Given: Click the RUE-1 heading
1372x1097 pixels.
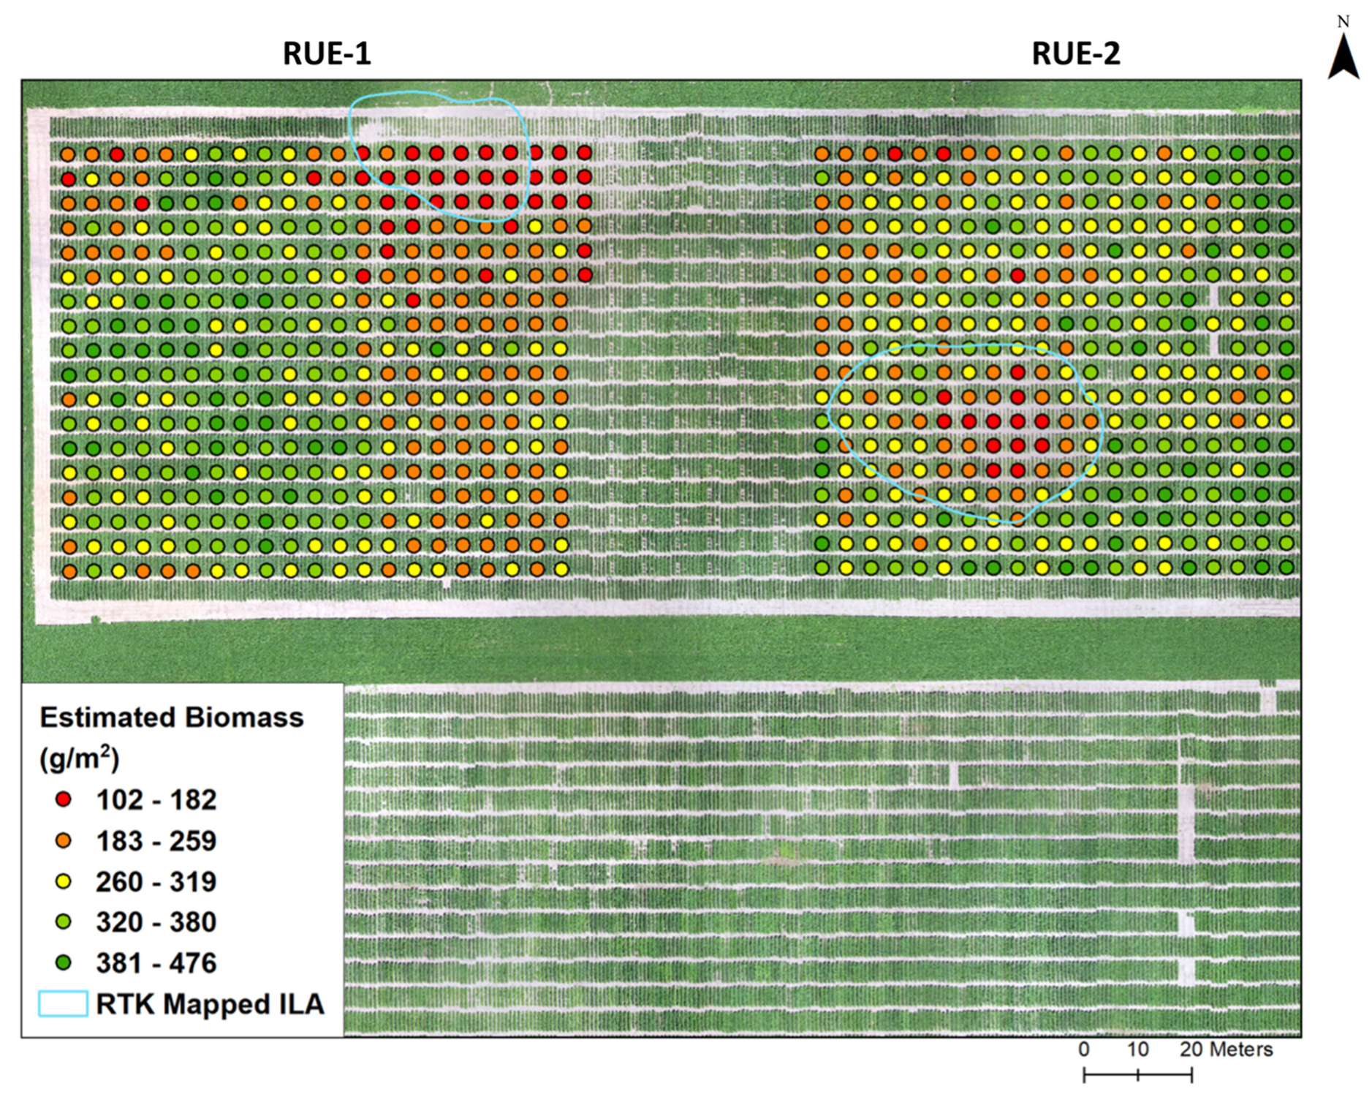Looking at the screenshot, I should point(327,53).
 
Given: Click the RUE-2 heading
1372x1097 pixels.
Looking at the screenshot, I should point(1075,53).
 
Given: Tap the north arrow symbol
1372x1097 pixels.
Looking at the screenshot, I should point(1343,58).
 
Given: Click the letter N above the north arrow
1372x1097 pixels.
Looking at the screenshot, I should point(1343,22).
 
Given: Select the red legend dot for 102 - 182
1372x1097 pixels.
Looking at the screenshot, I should point(64,799).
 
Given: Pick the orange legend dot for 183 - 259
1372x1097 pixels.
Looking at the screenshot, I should point(64,840).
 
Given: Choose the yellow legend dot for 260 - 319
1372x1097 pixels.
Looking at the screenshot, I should point(64,881).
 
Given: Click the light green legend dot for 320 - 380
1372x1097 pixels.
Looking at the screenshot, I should point(64,921).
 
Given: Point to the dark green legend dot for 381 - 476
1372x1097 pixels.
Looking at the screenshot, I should point(64,962).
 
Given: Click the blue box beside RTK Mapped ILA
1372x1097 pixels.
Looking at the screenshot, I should point(63,1003).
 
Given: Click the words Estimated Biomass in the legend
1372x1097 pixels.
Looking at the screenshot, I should point(171,717).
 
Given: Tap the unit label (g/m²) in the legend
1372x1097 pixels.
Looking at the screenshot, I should point(79,758).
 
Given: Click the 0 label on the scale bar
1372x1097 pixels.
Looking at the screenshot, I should point(1083,1049).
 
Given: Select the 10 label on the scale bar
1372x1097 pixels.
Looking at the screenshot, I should point(1137,1049).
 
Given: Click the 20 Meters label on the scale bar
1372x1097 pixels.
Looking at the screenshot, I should point(1226,1049).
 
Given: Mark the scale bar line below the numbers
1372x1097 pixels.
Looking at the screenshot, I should point(1137,1075).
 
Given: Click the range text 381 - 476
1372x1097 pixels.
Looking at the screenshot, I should point(156,963).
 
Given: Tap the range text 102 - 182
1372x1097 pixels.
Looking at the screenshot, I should point(156,800).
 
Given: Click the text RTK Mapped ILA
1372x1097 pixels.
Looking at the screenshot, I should point(210,1004).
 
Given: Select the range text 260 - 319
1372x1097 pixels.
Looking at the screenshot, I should point(156,882).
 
